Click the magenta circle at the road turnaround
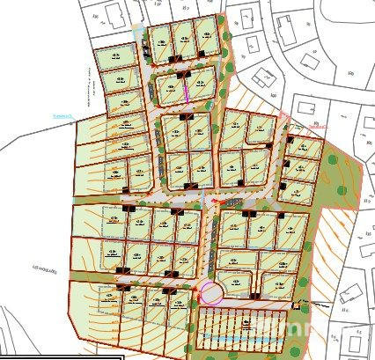[209, 292]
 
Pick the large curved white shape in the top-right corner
[343, 18]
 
